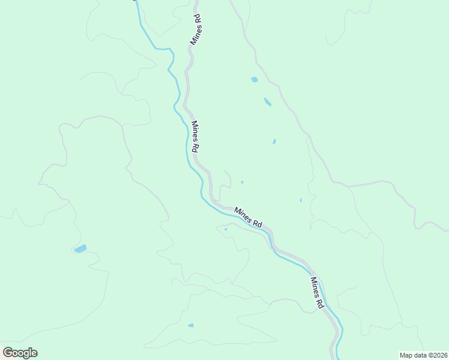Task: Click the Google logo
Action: point(20,353)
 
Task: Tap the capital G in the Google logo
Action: point(8,353)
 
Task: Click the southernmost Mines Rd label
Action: point(317,293)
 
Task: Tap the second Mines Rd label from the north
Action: point(196,137)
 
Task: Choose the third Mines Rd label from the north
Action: point(249,217)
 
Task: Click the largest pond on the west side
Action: point(80,248)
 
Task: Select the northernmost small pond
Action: point(255,79)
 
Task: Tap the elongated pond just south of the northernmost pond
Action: point(267,102)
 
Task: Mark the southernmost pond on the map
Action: point(191,325)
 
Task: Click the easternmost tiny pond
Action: point(301,200)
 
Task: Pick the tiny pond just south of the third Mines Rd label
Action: point(226,229)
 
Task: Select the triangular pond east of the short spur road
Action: point(242,182)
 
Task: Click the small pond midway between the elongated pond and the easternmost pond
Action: point(274,142)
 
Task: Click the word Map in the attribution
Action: point(406,355)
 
